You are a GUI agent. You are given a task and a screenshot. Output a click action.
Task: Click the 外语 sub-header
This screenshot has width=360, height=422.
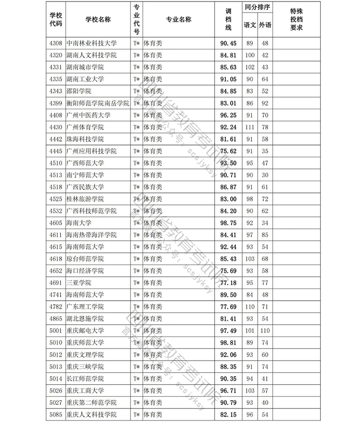coord(265,25)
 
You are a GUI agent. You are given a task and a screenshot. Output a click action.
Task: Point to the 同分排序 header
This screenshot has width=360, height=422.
coord(257,9)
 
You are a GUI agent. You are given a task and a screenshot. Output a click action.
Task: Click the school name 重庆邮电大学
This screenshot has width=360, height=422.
coord(85,330)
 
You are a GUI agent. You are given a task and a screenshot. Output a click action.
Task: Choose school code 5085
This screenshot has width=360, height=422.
coord(56,414)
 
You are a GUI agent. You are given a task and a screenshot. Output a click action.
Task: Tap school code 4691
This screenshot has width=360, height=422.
coord(56,283)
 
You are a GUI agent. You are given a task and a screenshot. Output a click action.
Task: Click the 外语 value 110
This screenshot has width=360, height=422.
coord(265,330)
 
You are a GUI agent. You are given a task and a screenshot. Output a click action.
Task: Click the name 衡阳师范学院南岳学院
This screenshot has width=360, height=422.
coord(98,103)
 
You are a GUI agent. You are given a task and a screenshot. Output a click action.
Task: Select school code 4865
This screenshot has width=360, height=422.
coord(56,318)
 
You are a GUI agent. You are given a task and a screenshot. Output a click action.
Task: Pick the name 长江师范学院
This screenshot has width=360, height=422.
coord(85,378)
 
